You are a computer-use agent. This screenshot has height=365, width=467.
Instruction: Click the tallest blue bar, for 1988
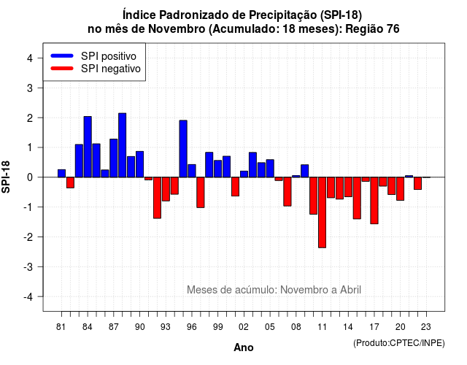(x=122, y=145)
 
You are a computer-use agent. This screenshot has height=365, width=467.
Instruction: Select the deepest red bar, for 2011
(x=322, y=212)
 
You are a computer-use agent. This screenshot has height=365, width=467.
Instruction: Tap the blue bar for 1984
(x=88, y=147)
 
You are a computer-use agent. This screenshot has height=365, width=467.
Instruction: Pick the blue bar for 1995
(x=183, y=149)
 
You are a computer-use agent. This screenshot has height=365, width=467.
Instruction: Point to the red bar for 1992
(x=158, y=198)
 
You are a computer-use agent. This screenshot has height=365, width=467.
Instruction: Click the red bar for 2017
(x=374, y=201)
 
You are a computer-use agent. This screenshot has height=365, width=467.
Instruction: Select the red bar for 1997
(x=201, y=193)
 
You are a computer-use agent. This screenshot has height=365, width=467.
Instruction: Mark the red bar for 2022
(x=417, y=183)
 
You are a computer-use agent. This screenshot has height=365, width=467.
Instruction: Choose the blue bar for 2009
(x=305, y=171)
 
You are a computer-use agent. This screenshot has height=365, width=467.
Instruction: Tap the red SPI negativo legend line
(x=62, y=69)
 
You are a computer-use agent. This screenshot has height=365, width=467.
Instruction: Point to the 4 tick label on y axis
(x=30, y=58)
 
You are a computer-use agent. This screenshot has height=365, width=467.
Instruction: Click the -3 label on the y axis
(x=28, y=267)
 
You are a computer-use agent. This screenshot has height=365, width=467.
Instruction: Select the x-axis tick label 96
(x=192, y=327)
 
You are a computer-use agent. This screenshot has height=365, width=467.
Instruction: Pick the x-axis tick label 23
(x=426, y=327)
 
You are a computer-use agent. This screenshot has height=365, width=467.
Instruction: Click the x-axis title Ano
(x=244, y=347)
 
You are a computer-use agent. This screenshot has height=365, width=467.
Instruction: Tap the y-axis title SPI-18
(x=6, y=177)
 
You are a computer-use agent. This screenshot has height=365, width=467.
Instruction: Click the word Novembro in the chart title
(x=177, y=29)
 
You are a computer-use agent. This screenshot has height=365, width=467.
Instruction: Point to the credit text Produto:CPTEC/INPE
(x=399, y=343)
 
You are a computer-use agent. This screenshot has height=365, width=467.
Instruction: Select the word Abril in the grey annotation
(x=351, y=290)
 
